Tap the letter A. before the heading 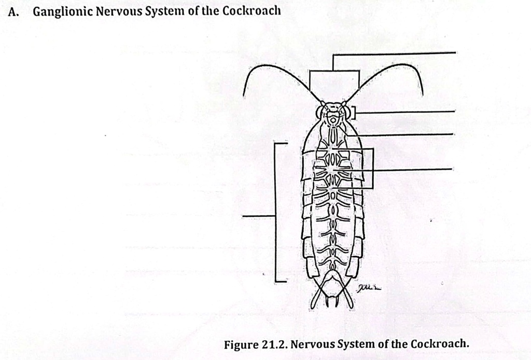point(13,12)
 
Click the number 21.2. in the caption point(275,344)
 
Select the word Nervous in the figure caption point(313,344)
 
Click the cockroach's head point(333,114)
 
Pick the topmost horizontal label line point(394,53)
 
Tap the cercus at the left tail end point(317,298)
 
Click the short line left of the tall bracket point(258,215)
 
